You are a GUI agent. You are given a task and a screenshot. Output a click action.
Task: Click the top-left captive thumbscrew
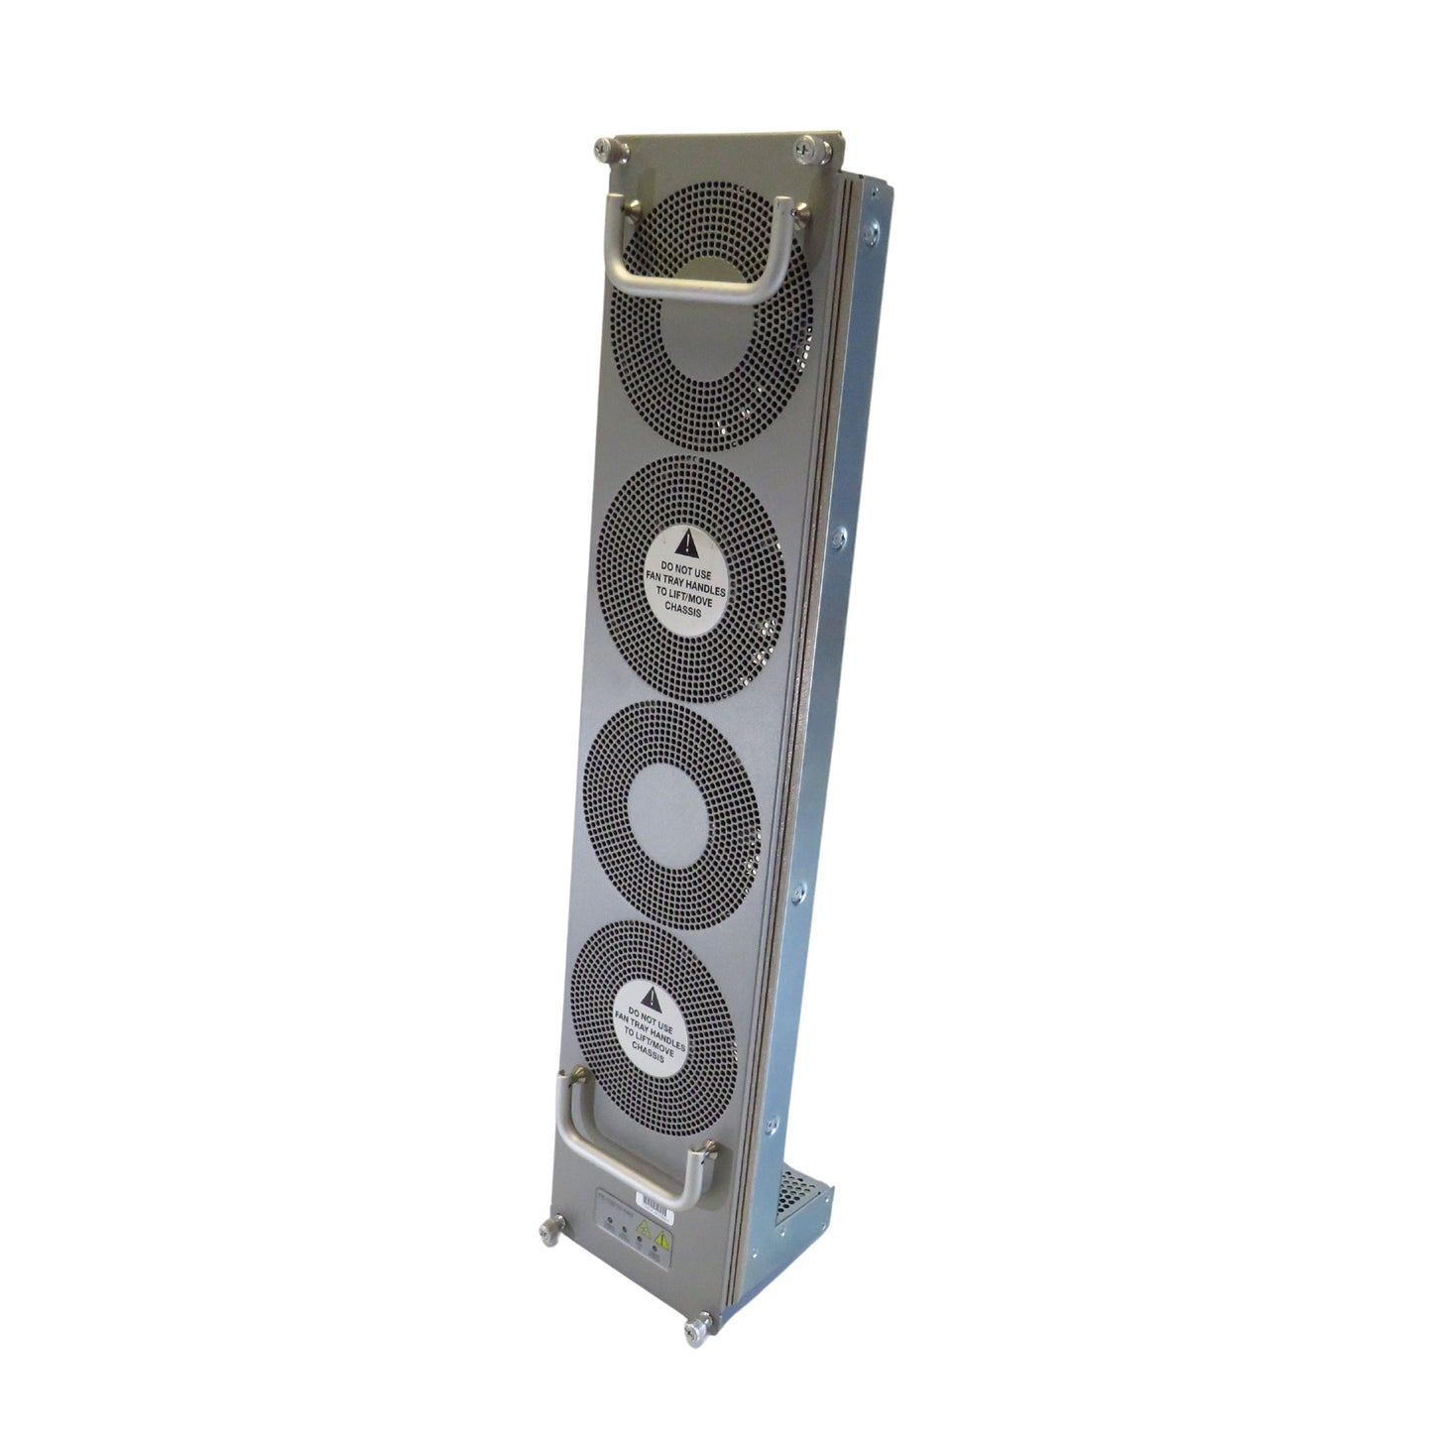pyautogui.click(x=603, y=151)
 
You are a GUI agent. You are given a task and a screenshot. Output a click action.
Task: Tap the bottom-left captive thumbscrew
pyautogui.click(x=546, y=1232)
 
